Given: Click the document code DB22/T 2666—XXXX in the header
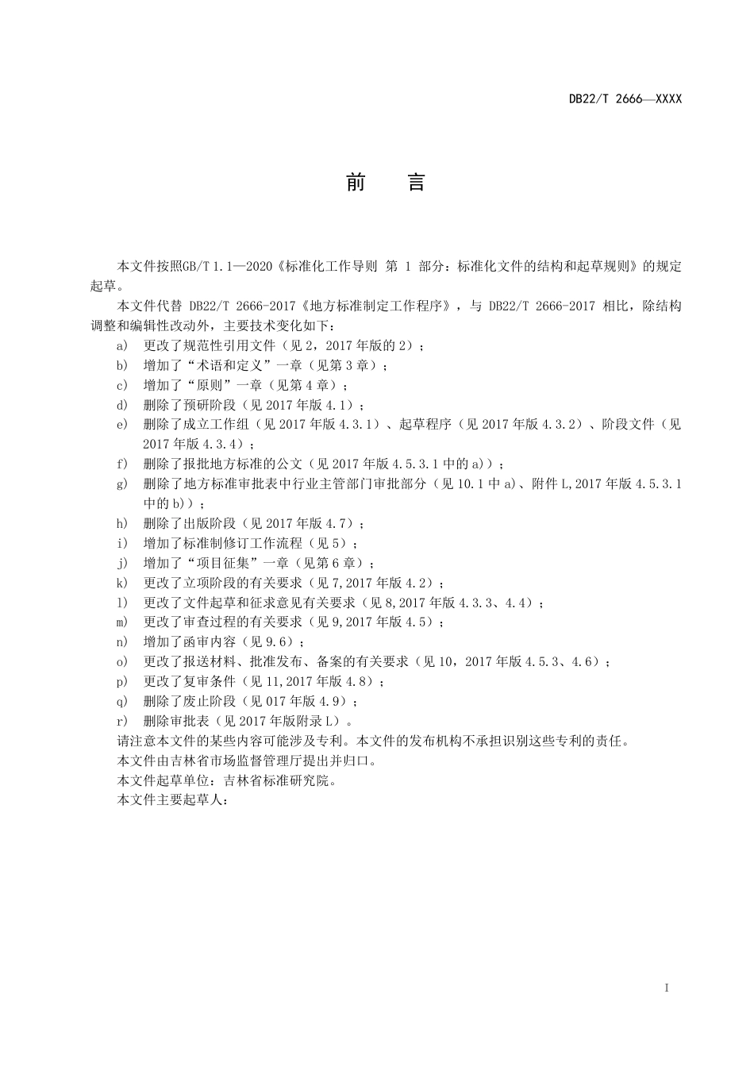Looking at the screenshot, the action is click(625, 99).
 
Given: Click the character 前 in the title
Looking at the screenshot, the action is click(356, 183).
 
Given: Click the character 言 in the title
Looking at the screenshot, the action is click(417, 183).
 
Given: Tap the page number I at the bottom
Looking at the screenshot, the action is click(667, 988).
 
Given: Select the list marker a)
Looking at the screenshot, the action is click(122, 346).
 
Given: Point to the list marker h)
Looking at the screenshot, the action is click(122, 524).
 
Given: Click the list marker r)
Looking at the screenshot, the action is click(122, 722).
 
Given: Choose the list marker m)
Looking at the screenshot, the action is click(122, 622).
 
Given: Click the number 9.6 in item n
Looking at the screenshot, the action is click(281, 642).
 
